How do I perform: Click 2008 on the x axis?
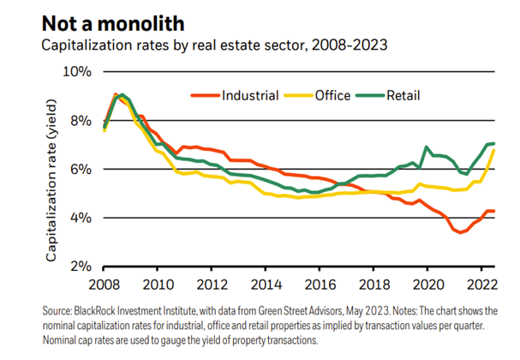tap(104, 284)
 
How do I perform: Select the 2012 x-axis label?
tap(213, 284)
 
